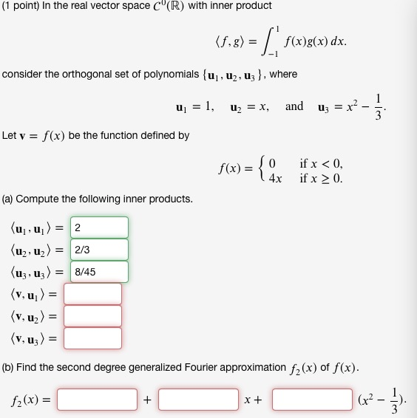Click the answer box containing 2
(x=99, y=227)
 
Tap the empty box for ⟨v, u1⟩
(x=92, y=294)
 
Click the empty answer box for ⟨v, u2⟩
(x=92, y=316)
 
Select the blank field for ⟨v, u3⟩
(x=92, y=338)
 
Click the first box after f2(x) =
(x=98, y=400)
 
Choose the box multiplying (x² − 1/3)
(x=312, y=400)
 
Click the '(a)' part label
(x=8, y=199)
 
